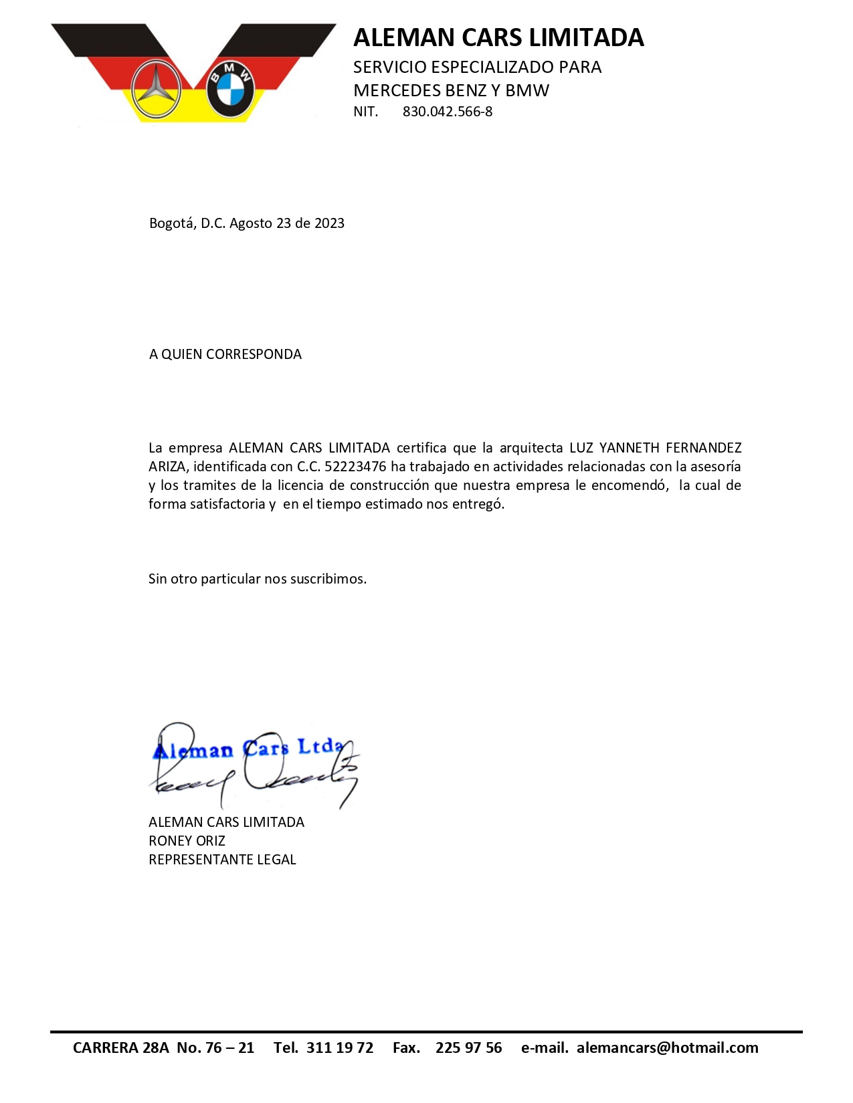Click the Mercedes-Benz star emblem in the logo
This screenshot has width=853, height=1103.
click(x=156, y=90)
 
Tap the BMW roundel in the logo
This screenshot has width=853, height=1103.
click(x=230, y=90)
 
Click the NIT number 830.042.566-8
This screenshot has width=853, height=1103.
click(x=447, y=112)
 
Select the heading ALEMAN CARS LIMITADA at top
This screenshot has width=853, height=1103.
click(x=498, y=37)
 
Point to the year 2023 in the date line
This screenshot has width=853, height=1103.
click(x=329, y=223)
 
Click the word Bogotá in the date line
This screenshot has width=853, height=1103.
click(x=172, y=223)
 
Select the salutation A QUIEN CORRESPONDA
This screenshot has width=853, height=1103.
click(x=225, y=354)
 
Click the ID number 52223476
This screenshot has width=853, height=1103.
click(x=355, y=467)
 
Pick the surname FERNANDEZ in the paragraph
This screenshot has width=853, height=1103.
click(x=703, y=448)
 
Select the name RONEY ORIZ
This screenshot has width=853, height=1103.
click(x=187, y=841)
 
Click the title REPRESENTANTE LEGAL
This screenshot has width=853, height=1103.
click(x=222, y=860)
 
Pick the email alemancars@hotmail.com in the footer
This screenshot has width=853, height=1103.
click(x=667, y=1048)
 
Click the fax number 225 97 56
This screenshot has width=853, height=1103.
click(x=468, y=1048)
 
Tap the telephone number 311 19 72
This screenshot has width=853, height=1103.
click(x=340, y=1048)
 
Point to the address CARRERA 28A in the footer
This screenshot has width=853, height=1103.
click(x=121, y=1048)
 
